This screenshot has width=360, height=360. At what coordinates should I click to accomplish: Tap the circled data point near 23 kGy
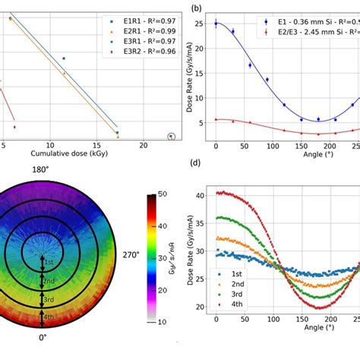(171, 137)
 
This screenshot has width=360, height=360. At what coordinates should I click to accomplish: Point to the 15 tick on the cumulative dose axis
(96, 144)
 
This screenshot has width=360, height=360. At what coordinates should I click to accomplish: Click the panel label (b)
(196, 8)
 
